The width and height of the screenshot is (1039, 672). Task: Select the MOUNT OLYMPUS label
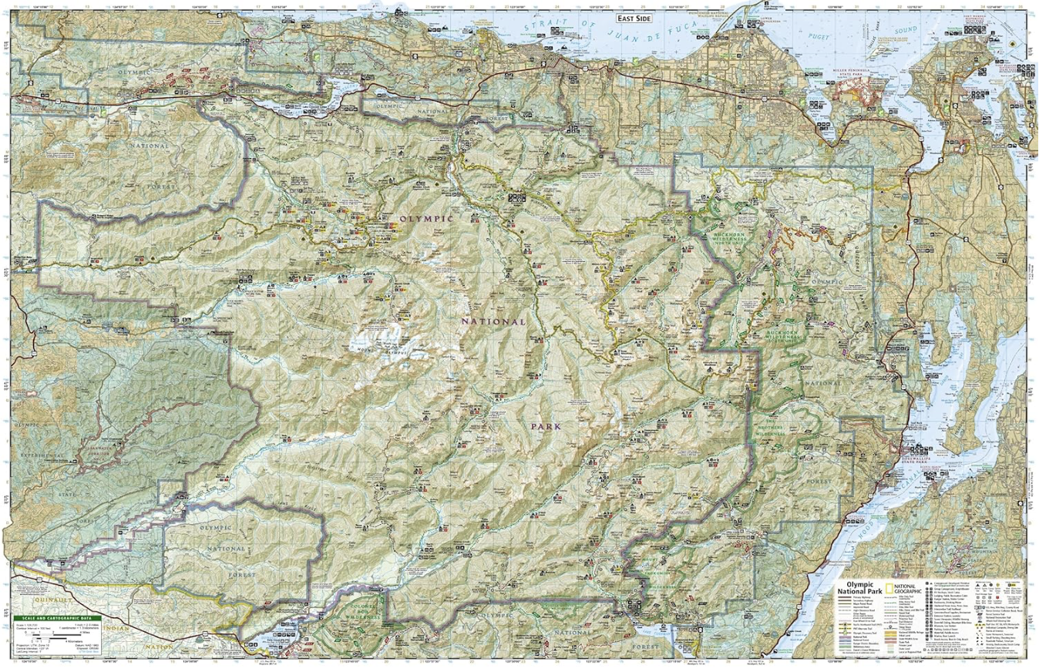(x=372, y=349)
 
